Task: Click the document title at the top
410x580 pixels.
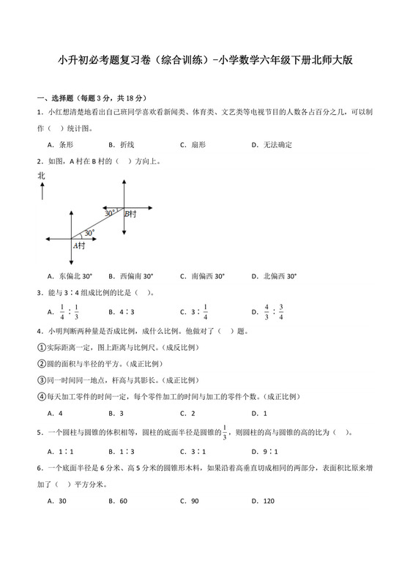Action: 205,62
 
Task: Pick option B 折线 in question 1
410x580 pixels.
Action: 121,145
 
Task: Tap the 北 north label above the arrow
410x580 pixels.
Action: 41,176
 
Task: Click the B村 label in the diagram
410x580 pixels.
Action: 130,214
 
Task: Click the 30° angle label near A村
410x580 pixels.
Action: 89,233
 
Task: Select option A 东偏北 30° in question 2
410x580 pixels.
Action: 70,277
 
